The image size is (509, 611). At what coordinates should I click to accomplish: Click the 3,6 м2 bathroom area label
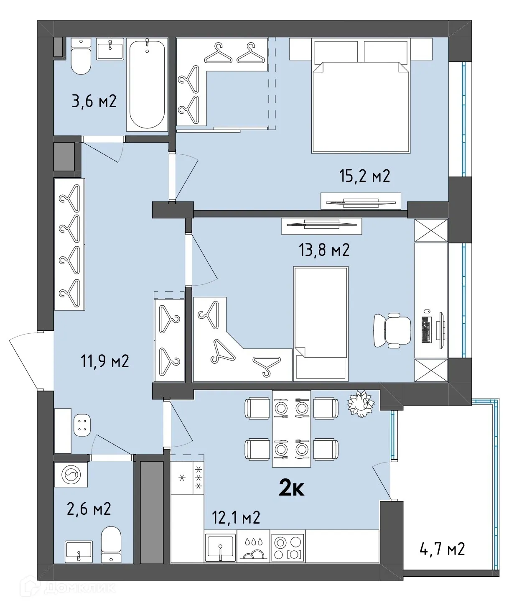point(94,101)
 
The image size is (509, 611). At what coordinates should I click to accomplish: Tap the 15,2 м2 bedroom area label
point(364,176)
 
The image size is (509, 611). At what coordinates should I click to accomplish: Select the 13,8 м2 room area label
point(324,250)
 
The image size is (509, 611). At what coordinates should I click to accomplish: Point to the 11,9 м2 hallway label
point(104,360)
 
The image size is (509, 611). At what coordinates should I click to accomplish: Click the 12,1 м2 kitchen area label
point(236,518)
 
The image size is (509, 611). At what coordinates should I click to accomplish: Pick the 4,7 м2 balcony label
point(442,549)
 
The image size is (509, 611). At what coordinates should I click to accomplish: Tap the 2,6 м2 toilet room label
point(89,509)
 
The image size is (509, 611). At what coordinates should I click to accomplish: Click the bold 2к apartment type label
point(291,488)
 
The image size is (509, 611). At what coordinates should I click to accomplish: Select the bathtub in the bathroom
point(147,84)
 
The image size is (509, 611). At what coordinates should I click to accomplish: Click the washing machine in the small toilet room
point(71,475)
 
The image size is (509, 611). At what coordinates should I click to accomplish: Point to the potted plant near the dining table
point(361,403)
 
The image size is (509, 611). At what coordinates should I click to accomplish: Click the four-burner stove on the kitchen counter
point(288,547)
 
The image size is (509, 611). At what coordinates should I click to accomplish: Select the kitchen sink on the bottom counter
point(220,547)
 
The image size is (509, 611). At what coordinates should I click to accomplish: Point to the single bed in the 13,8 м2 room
point(321,324)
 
